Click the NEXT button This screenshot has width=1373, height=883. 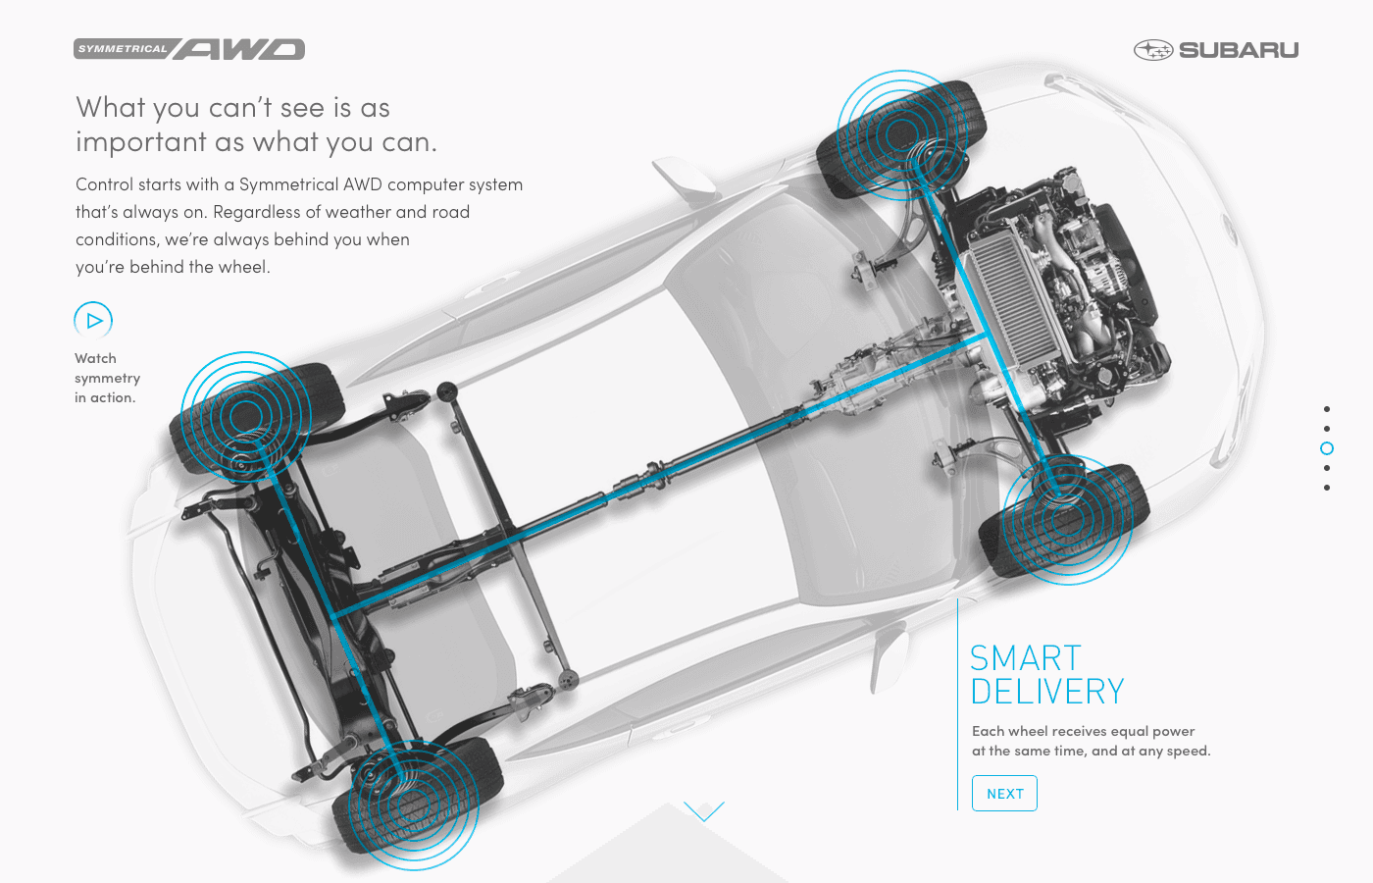point(1004,794)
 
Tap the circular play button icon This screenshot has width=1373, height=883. point(93,320)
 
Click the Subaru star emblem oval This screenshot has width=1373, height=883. point(1152,50)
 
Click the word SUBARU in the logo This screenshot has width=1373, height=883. point(1239,50)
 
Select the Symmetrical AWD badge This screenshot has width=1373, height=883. point(189,49)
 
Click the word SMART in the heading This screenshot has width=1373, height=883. point(1026,657)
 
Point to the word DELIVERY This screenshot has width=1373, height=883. point(1047,692)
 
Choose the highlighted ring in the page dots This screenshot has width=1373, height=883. point(1327,448)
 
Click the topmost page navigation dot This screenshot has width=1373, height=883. point(1327,409)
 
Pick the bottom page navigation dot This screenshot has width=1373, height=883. point(1327,488)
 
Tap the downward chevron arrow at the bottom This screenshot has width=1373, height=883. point(703,811)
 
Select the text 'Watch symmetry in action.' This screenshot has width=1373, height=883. point(107,378)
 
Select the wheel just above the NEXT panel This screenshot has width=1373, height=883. point(1065,519)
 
